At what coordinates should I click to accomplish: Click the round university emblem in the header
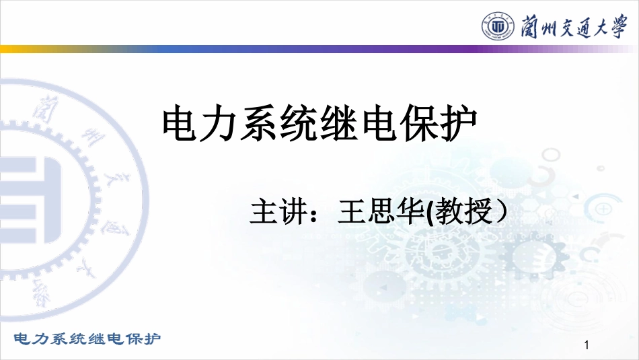point(498,26)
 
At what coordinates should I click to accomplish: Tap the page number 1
point(587,345)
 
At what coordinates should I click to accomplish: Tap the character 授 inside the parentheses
point(479,211)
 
